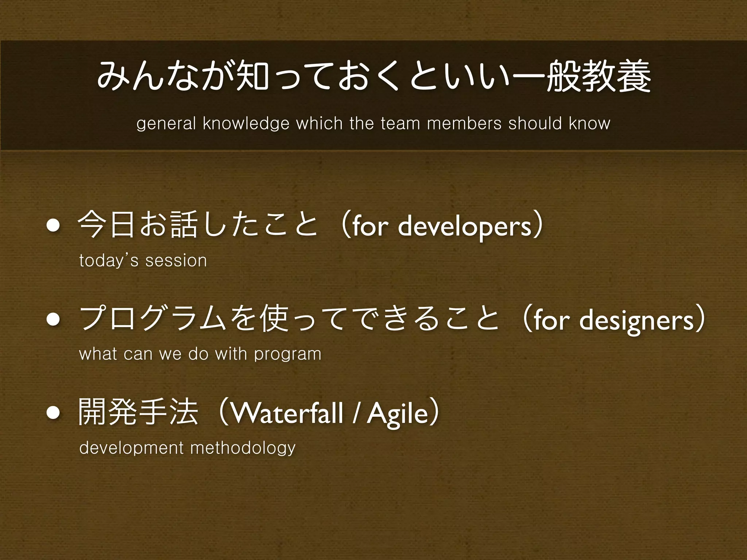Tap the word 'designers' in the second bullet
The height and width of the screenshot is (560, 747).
click(x=636, y=320)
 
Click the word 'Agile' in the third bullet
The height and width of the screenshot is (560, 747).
click(x=397, y=415)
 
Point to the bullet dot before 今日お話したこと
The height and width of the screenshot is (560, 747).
click(x=53, y=226)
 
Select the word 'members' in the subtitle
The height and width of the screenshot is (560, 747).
click(x=464, y=123)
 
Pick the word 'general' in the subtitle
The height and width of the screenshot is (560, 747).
click(x=166, y=124)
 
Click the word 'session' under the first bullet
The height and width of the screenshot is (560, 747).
click(x=176, y=261)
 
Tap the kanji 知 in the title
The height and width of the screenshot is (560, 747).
click(x=252, y=77)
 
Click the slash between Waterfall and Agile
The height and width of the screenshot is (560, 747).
click(x=355, y=415)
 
